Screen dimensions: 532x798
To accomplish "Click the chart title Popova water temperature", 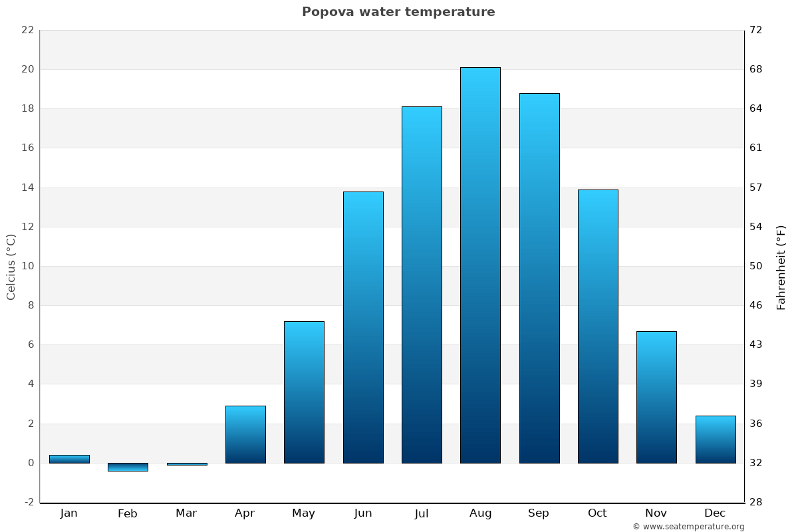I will pyautogui.click(x=398, y=12).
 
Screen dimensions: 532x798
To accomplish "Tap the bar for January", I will pyautogui.click(x=69, y=459).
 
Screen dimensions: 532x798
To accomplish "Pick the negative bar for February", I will pyautogui.click(x=128, y=467).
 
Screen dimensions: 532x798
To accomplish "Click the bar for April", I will pyautogui.click(x=245, y=434).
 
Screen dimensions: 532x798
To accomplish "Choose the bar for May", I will pyautogui.click(x=304, y=392).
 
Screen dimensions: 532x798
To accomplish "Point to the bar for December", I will pyautogui.click(x=716, y=439).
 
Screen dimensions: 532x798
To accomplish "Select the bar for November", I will pyautogui.click(x=656, y=397).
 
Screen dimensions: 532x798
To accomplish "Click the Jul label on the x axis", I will pyautogui.click(x=422, y=513).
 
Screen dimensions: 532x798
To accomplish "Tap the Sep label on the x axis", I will pyautogui.click(x=539, y=513).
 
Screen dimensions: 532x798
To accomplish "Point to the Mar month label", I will pyautogui.click(x=186, y=513).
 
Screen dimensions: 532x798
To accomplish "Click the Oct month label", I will pyautogui.click(x=597, y=513).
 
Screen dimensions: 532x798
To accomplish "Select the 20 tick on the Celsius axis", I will pyautogui.click(x=27, y=69).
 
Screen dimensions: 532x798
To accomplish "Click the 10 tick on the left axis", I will pyautogui.click(x=27, y=266).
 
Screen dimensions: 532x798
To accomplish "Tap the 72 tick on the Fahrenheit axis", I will pyautogui.click(x=755, y=30).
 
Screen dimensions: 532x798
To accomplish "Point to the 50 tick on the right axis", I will pyautogui.click(x=755, y=266).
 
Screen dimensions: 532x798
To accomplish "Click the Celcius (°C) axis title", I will pyautogui.click(x=11, y=267).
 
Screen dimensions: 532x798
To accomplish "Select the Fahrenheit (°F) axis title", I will pyautogui.click(x=781, y=267).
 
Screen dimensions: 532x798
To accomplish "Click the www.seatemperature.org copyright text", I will pyautogui.click(x=688, y=527).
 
